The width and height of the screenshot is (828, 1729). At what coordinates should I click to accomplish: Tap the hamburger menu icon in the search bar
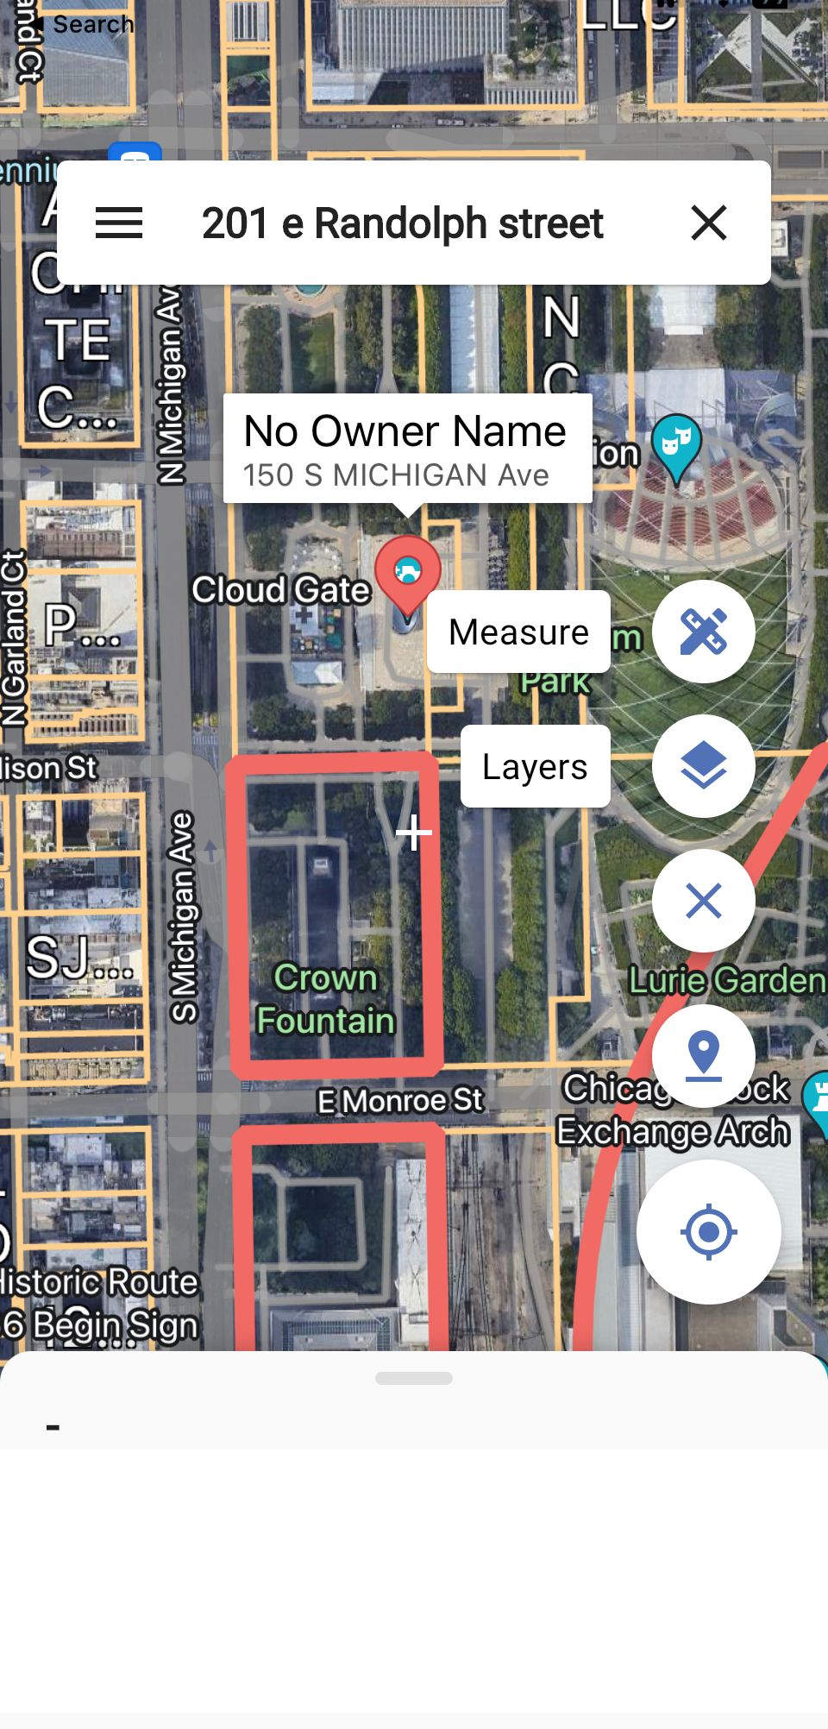point(119,223)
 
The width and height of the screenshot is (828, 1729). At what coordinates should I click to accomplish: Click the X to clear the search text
point(709,223)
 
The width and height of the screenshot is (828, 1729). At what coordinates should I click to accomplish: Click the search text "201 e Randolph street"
point(402,223)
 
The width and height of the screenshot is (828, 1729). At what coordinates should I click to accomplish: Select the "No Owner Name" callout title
point(405,431)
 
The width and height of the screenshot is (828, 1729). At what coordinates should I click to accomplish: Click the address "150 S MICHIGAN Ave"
point(396,475)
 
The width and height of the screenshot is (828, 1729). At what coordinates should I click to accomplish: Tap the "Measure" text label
point(518,632)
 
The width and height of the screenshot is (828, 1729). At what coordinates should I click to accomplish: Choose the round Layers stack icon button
point(703,766)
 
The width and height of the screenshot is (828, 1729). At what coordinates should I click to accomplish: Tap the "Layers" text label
point(535,766)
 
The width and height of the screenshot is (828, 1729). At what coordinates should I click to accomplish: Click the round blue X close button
point(703,901)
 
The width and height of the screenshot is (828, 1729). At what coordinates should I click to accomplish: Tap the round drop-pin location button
point(703,1055)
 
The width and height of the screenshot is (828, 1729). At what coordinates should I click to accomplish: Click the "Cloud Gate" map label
point(280,590)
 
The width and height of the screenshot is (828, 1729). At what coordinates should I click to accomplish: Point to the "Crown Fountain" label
point(326,999)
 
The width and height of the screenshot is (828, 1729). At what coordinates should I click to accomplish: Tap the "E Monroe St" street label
point(400,1101)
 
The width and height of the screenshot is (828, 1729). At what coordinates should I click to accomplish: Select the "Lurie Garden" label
point(726,980)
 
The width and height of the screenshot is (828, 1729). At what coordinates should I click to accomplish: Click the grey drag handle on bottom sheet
point(414,1378)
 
